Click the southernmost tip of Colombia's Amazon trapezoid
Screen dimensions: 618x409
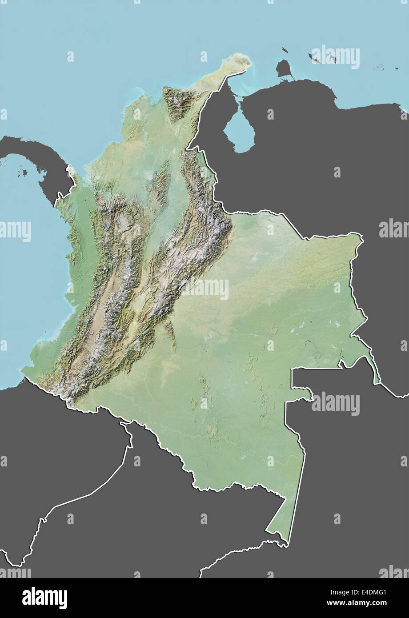click(x=286, y=543)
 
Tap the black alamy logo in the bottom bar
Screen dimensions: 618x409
click(x=44, y=598)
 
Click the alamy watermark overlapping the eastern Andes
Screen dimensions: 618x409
click(x=204, y=289)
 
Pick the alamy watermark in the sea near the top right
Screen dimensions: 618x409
click(x=335, y=57)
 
